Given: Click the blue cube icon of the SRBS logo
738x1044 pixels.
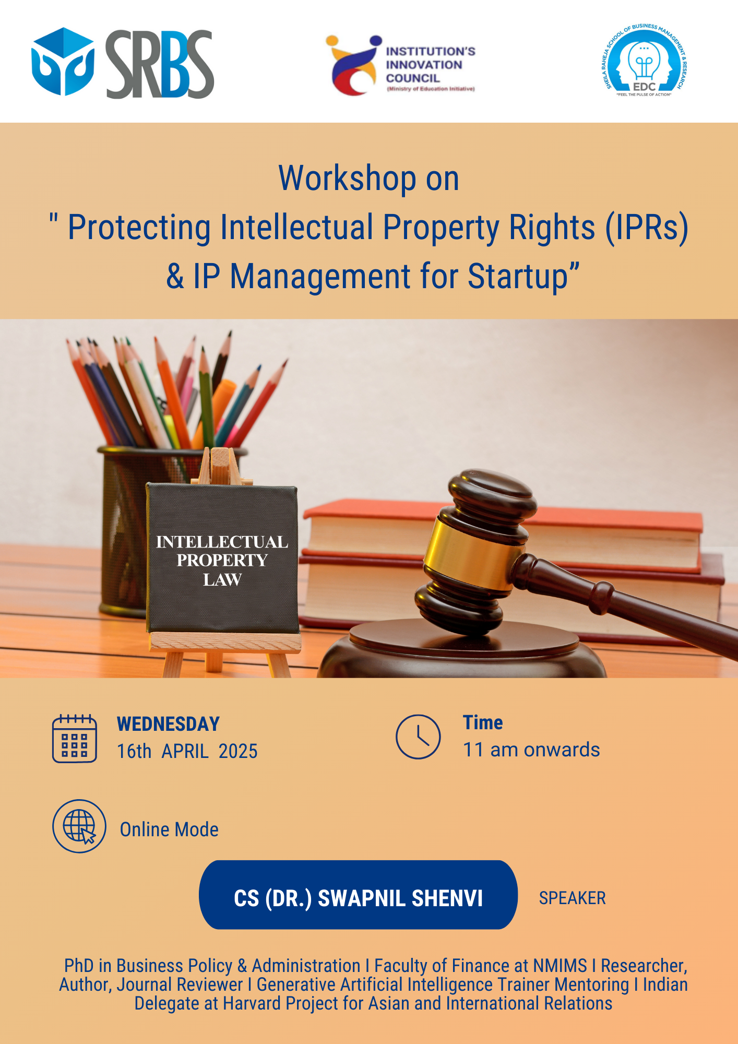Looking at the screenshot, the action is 63,62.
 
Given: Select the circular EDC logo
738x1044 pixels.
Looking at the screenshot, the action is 646,61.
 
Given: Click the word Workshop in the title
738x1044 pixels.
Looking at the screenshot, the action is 347,178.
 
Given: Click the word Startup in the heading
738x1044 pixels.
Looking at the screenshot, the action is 517,276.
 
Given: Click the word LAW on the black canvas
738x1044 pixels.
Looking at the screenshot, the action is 222,579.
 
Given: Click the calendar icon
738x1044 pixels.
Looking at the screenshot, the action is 75,738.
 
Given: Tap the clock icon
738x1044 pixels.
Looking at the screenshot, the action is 418,737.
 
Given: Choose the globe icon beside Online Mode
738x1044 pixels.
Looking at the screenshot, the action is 79,826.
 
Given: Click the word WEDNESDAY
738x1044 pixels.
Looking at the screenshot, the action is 168,724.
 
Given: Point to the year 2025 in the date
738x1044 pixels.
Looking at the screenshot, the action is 238,751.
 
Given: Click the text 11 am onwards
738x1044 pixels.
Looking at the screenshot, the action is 531,750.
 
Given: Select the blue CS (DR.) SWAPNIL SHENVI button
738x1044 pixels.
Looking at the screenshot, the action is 358,895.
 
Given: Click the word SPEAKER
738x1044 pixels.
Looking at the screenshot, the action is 572,898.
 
